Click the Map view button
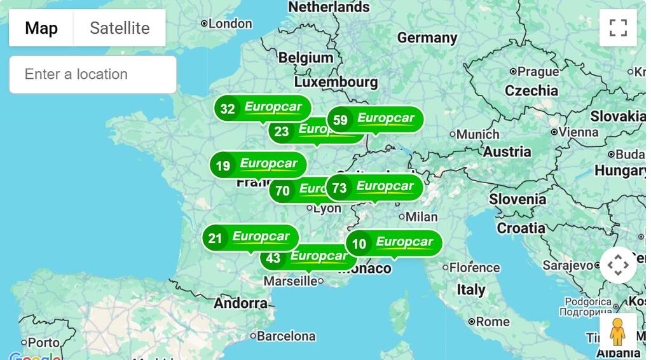point(41,28)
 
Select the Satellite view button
point(120,28)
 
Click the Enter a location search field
point(93,74)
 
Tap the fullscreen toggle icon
point(617,28)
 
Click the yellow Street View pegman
point(617,331)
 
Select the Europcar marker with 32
point(262,108)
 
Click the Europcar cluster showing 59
point(375,120)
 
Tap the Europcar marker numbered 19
point(257,165)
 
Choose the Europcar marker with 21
point(250,238)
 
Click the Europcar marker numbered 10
point(393,243)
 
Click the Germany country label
point(427,38)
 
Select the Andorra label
point(240,303)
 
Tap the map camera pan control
point(617,265)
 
